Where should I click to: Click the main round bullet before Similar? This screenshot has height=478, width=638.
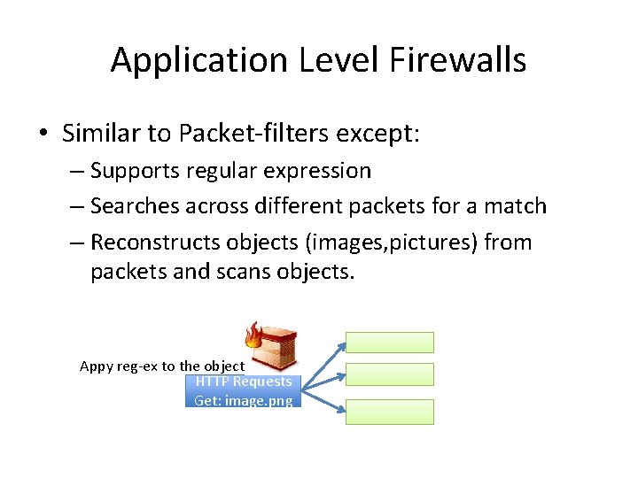(43, 135)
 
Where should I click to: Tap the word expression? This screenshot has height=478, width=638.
(321, 170)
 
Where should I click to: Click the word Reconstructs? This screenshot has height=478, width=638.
(155, 243)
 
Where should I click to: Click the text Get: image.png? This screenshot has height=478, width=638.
(244, 400)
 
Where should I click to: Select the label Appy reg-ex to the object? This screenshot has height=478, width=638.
(162, 366)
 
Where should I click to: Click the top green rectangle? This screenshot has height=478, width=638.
(389, 343)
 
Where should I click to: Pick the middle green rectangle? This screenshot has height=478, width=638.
(389, 374)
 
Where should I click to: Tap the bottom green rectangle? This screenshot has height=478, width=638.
(389, 412)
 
